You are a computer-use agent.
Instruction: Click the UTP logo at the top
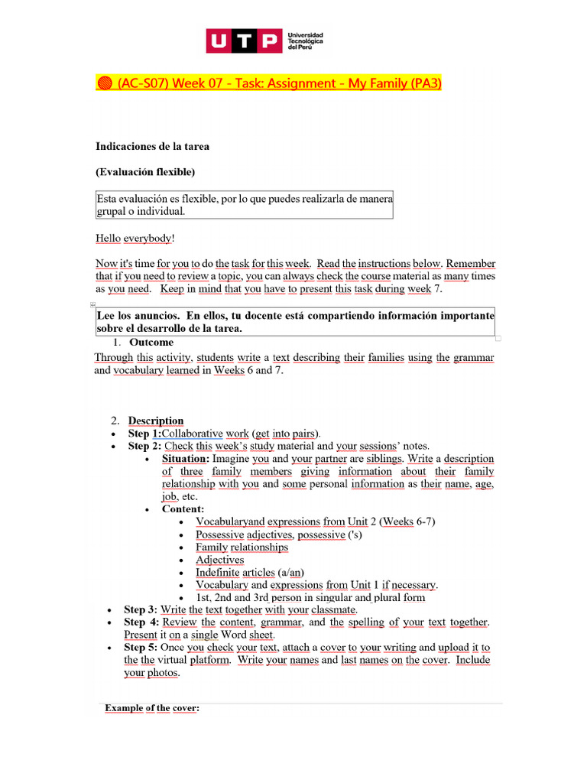tap(243, 41)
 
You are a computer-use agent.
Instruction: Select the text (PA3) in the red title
tap(424, 83)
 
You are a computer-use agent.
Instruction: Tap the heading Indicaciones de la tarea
tap(152, 146)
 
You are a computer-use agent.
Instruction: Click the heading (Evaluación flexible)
tap(145, 171)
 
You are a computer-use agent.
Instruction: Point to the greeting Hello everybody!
tap(135, 239)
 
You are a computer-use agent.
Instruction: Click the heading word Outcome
tap(151, 343)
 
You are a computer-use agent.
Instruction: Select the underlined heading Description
tap(156, 421)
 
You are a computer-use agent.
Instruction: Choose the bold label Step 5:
tap(142, 648)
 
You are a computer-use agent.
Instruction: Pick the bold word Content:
tap(183, 509)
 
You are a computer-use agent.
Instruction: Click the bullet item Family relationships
tap(242, 547)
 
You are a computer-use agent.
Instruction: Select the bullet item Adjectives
tap(219, 560)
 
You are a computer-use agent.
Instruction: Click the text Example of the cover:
tap(152, 708)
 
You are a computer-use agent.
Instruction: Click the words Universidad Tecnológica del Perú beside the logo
tap(305, 41)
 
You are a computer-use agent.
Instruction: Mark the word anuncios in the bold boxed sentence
tap(154, 316)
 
